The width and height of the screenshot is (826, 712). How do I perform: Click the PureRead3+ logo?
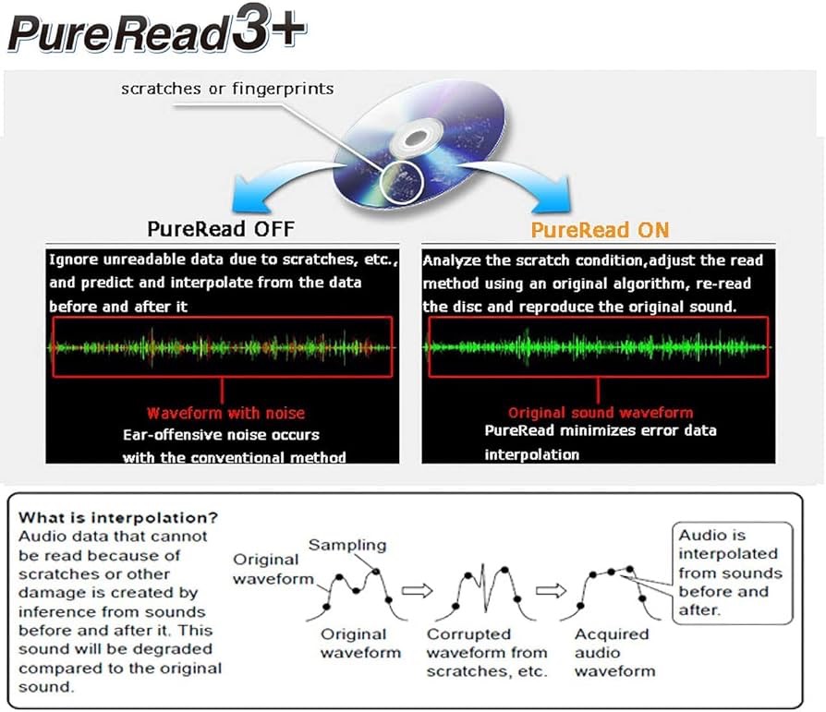point(156,30)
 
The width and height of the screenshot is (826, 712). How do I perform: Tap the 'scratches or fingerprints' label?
point(227,89)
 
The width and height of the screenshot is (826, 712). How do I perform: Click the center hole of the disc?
point(416,139)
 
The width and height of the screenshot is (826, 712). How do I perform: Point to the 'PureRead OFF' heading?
point(221,229)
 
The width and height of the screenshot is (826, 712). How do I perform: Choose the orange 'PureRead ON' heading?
point(600,230)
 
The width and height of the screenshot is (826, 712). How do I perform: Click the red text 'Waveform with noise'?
point(226,413)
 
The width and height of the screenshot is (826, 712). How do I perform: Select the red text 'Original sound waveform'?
point(601,413)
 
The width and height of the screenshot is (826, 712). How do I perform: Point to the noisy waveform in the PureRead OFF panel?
point(222,347)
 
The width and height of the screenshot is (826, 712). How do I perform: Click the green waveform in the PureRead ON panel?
point(598,347)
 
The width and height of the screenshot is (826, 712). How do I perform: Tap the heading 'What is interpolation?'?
point(118,518)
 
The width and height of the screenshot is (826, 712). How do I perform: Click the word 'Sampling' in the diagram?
point(347,545)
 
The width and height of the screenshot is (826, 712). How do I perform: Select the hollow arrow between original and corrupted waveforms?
point(418,591)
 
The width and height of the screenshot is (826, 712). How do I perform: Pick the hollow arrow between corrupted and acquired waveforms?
point(551,591)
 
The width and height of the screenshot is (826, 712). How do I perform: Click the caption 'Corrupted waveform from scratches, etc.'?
point(487,653)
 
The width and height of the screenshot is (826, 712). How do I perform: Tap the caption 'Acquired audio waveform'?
point(614,653)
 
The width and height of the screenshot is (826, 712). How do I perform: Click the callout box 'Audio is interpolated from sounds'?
point(733,573)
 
